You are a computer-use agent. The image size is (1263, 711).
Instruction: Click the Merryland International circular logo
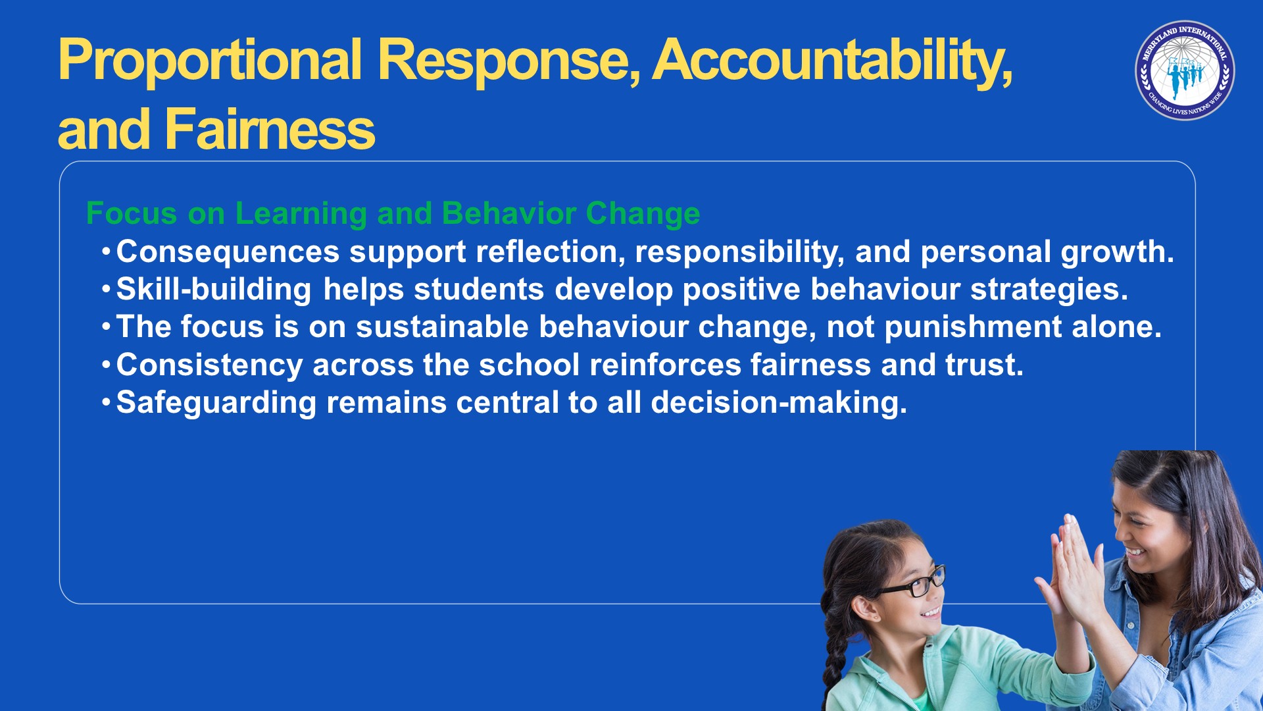point(1185,70)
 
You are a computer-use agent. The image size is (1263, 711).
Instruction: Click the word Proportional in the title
point(210,61)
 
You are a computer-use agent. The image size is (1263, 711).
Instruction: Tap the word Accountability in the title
point(832,61)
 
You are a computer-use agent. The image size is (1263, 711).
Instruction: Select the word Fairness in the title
point(270,129)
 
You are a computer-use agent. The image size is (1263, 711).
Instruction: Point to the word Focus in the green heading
point(132,213)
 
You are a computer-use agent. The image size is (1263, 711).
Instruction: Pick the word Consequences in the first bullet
point(228,252)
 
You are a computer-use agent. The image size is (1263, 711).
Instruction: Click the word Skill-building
point(214,290)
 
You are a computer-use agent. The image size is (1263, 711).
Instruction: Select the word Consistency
point(209,365)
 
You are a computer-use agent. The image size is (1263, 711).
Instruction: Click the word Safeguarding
point(216,403)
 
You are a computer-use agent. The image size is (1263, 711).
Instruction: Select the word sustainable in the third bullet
point(442,327)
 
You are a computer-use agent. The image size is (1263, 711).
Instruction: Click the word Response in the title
point(508,61)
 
